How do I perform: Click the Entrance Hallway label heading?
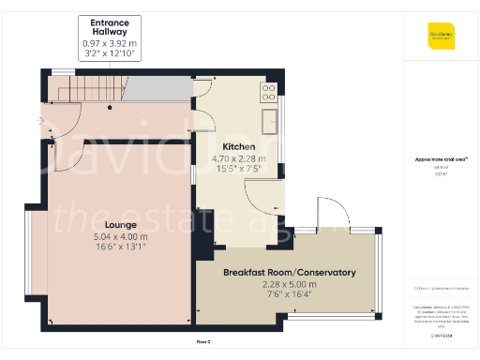click(110, 27)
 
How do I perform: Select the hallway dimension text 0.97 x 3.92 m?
click(110, 43)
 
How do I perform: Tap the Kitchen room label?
click(238, 147)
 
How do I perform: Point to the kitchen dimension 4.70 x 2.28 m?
click(238, 158)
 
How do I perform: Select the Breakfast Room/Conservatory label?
click(289, 273)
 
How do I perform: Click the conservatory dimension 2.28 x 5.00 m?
click(289, 284)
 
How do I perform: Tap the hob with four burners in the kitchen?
click(268, 91)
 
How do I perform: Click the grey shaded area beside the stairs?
click(155, 90)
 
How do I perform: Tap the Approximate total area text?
click(441, 159)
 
